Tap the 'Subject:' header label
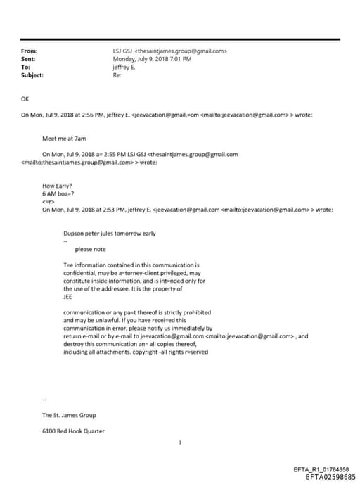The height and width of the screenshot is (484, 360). tap(32, 75)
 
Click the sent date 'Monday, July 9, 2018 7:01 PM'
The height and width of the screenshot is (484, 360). tap(152, 59)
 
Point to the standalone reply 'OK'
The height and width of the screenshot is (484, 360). tap(26, 99)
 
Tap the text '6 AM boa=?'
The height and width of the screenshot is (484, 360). tap(58, 194)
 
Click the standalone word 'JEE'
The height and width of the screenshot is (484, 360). tap(68, 296)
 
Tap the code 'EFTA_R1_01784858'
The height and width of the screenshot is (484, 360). tap(321, 469)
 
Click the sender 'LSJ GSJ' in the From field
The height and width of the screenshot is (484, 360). tap(122, 51)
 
